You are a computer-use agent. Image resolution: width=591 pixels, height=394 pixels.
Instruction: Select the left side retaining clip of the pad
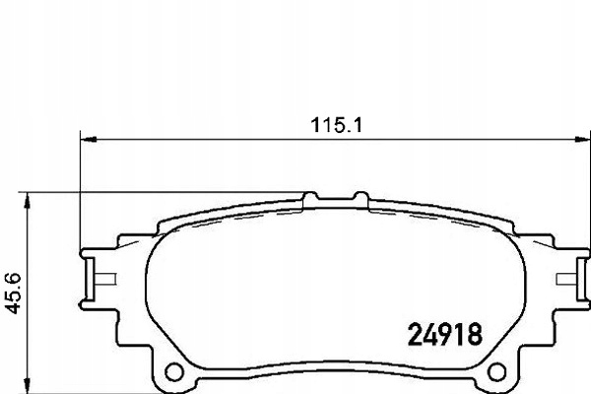point(95,279)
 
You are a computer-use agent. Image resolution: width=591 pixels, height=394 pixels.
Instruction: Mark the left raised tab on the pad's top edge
point(308,200)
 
